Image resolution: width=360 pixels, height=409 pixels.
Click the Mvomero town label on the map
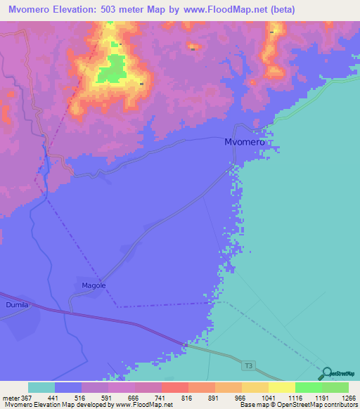[x=244, y=142]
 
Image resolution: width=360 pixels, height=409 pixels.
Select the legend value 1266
[x=340, y=398]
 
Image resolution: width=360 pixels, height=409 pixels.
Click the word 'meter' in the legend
[x=10, y=398]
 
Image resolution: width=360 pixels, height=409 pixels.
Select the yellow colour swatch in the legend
[x=281, y=387]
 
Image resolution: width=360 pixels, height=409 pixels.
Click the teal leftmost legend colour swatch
[x=41, y=387]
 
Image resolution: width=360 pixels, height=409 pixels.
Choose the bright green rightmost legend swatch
[x=335, y=387]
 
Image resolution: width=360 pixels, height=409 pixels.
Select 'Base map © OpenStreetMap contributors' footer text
[x=298, y=405]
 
